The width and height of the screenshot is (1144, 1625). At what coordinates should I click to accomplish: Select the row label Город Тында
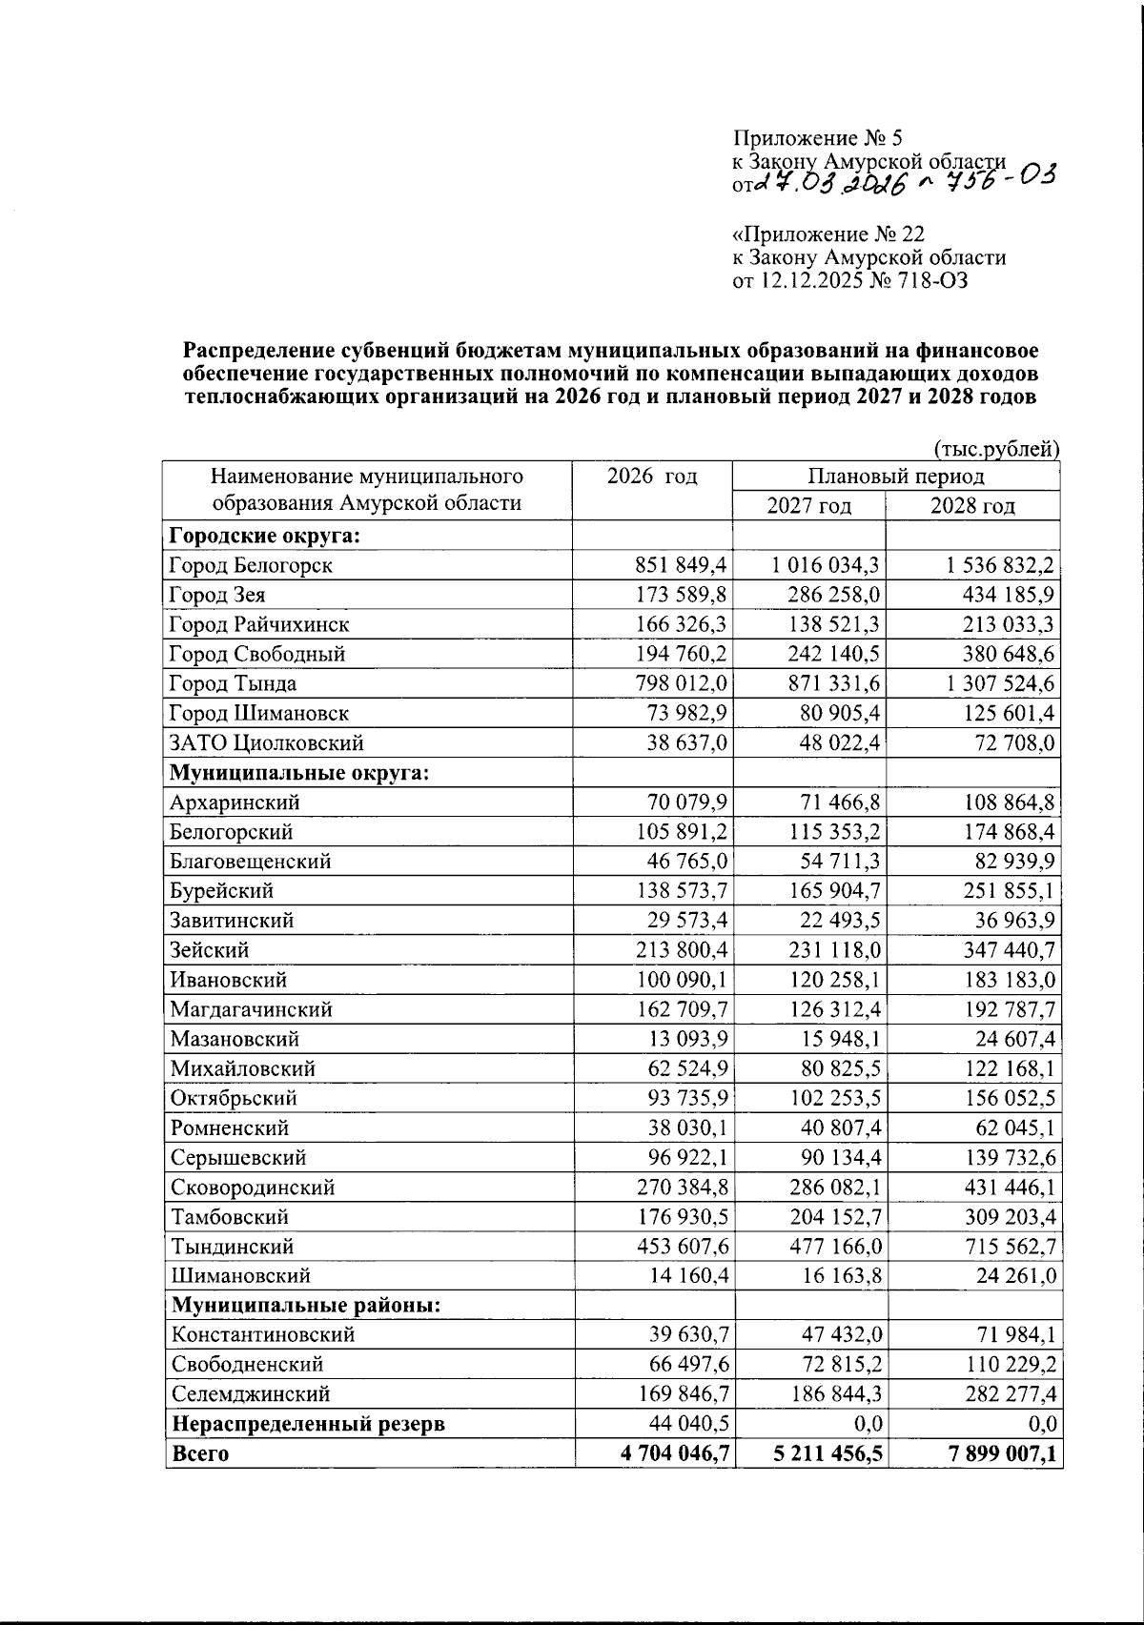coord(233,683)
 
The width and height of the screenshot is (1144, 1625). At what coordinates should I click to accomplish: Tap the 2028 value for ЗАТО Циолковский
coord(1012,742)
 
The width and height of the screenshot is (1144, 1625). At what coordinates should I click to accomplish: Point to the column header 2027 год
coord(808,505)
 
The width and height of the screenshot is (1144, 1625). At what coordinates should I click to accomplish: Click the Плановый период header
coord(895,476)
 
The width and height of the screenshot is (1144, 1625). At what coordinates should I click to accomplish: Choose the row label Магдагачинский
coord(251,1009)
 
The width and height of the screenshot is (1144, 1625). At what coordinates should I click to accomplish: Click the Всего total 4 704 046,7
coord(662,1453)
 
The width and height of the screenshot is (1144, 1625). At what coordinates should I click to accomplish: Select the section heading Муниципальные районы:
coord(305,1305)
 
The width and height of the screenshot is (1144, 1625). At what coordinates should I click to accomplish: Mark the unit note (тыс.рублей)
coord(996,448)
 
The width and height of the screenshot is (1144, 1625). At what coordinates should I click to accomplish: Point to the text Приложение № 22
coord(828,234)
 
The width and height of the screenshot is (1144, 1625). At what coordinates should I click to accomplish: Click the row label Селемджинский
coord(250,1394)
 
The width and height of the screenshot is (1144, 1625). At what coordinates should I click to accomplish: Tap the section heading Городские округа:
coord(264,535)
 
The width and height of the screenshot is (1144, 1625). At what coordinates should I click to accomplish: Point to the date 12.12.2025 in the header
coord(809,281)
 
